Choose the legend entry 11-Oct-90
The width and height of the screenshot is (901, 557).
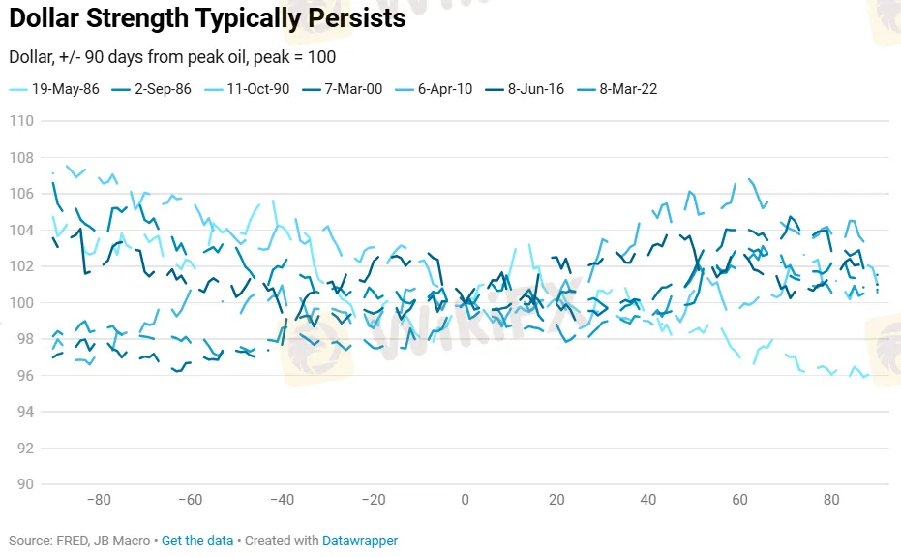tap(254, 89)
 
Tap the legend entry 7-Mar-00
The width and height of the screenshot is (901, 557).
tap(350, 89)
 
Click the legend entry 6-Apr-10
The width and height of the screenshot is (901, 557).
tap(444, 89)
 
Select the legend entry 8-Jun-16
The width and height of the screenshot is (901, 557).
tap(535, 89)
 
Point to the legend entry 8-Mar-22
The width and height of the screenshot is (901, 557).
tap(627, 89)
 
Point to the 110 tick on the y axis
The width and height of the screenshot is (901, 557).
tap(21, 121)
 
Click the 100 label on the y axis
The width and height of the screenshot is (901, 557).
tap(21, 302)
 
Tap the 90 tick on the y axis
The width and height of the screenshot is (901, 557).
tap(24, 484)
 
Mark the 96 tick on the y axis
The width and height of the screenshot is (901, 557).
tap(24, 375)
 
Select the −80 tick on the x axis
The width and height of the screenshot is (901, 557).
tap(98, 501)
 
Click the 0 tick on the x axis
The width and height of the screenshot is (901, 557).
tap(465, 501)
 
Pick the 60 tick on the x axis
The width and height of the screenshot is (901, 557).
tap(739, 501)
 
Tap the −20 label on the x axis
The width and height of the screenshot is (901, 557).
tap(373, 501)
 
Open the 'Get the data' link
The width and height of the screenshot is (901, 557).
tap(197, 541)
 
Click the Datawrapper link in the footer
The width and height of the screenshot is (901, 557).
tap(360, 541)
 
